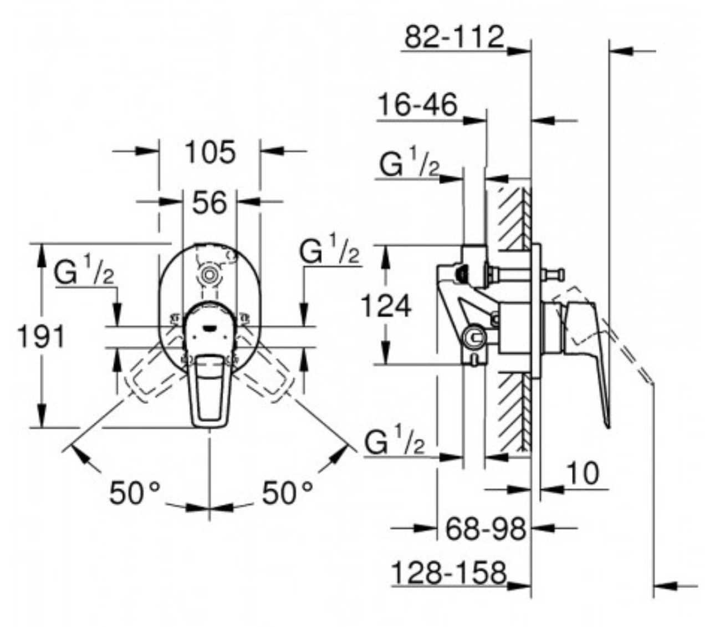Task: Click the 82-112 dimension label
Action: coord(454,37)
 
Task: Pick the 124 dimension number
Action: coord(386,305)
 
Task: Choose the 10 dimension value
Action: coord(583,473)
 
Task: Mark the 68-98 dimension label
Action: coord(486,529)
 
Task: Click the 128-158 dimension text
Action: coord(449,572)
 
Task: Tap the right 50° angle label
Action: coord(287,493)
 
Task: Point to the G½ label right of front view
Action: coord(329,251)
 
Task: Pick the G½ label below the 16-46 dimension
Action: coord(409,163)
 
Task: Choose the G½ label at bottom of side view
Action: coord(395,442)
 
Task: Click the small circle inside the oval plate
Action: coord(209,274)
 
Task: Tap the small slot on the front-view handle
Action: coord(209,328)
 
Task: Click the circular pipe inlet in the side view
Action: coord(473,337)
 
